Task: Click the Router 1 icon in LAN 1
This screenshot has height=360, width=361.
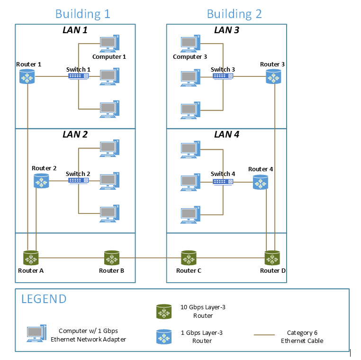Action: [x=27, y=76]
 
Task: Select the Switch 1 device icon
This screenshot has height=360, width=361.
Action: [x=78, y=76]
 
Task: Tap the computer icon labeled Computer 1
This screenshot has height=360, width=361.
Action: [x=109, y=44]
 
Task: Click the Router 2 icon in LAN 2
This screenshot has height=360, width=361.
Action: [x=41, y=180]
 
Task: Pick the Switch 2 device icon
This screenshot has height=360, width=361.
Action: [x=78, y=180]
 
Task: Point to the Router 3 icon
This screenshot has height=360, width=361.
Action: [x=273, y=76]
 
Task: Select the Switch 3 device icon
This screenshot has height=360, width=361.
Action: [x=223, y=76]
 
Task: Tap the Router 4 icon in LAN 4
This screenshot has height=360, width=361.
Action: [x=260, y=182]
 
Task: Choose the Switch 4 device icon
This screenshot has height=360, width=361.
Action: [x=223, y=182]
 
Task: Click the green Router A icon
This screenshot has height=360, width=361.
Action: [x=31, y=258]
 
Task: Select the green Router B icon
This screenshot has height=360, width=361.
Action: [x=112, y=258]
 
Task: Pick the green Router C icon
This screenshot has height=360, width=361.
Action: [x=189, y=258]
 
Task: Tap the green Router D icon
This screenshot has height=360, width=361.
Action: [x=272, y=258]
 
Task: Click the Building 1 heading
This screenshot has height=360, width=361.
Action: [x=82, y=13]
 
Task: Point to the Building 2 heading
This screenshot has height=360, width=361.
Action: [x=234, y=13]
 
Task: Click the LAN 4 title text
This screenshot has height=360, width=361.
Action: [x=226, y=135]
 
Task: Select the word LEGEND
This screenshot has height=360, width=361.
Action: [x=44, y=299]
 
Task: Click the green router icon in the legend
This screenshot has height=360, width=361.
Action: [x=164, y=312]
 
